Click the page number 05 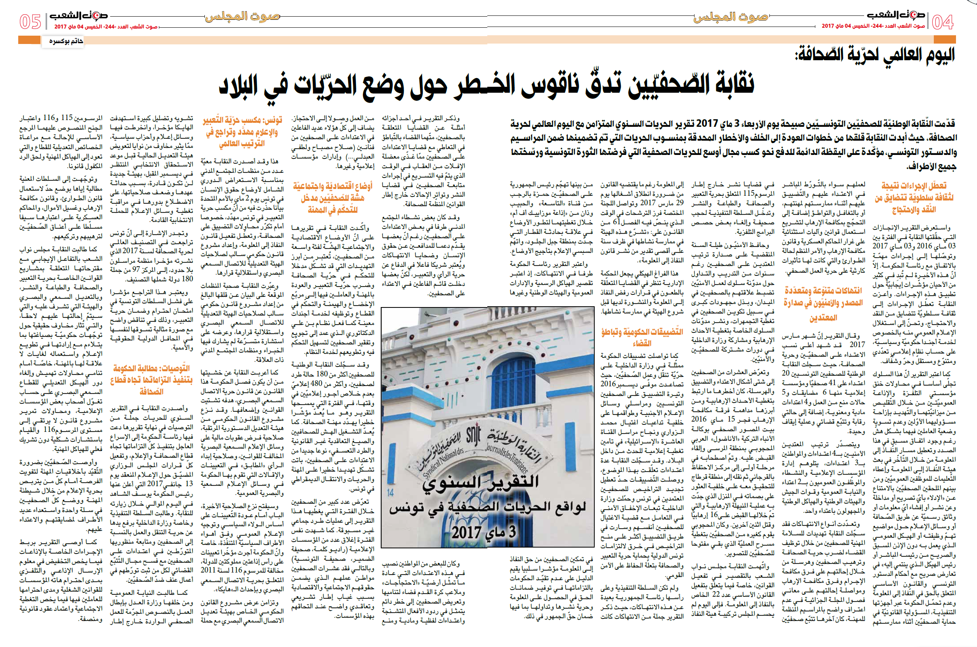click(31, 21)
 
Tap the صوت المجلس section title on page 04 click(731, 17)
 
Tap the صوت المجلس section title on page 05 click(242, 17)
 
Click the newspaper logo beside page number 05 click(78, 16)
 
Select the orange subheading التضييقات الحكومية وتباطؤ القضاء click(642, 337)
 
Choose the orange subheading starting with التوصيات click(151, 379)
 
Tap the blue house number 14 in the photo click(391, 492)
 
